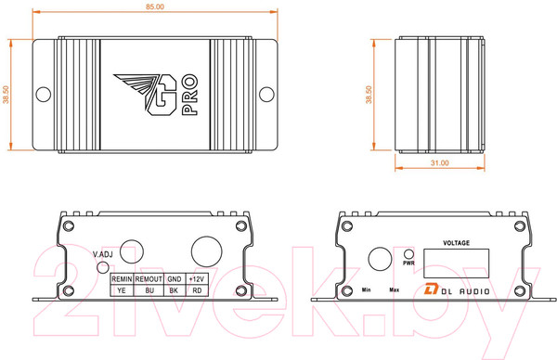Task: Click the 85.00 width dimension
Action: [x=155, y=6]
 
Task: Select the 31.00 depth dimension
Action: [x=440, y=163]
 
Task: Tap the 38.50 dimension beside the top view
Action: [x=6, y=95]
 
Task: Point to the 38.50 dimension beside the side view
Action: [x=369, y=95]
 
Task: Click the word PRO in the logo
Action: [x=189, y=95]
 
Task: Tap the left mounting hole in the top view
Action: [x=44, y=95]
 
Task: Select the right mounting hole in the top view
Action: [x=266, y=95]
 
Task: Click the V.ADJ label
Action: [x=103, y=254]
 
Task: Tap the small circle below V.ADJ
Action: [x=103, y=267]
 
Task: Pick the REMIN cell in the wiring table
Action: [x=122, y=279]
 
